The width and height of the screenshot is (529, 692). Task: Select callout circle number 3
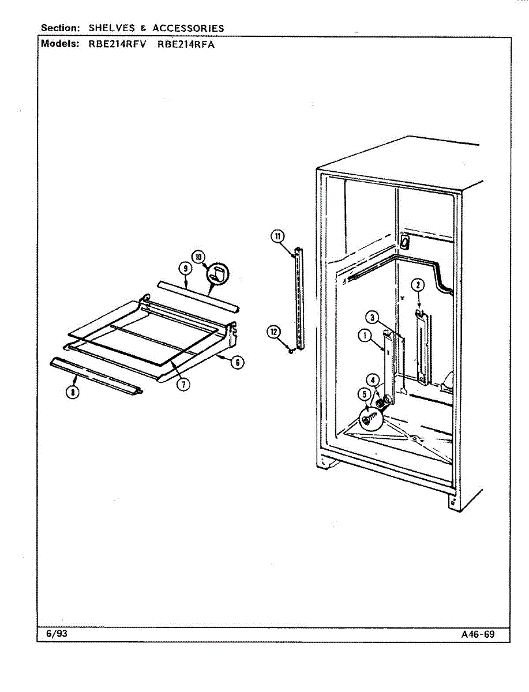[374, 317]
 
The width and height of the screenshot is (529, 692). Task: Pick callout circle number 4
[374, 381]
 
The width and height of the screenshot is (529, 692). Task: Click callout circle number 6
[237, 362]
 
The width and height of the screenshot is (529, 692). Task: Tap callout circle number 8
[72, 392]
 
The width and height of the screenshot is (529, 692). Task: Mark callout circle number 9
[185, 268]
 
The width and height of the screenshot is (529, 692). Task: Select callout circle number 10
[199, 257]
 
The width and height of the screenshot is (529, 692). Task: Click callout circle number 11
[277, 235]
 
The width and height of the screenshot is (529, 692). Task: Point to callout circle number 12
[273, 332]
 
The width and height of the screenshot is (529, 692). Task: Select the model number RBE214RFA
[186, 44]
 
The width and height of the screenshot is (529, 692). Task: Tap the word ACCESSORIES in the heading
[188, 28]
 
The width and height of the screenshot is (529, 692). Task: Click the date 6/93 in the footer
[57, 633]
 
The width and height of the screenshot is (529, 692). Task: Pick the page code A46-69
[478, 634]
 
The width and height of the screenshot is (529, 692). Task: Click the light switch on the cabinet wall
[405, 242]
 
